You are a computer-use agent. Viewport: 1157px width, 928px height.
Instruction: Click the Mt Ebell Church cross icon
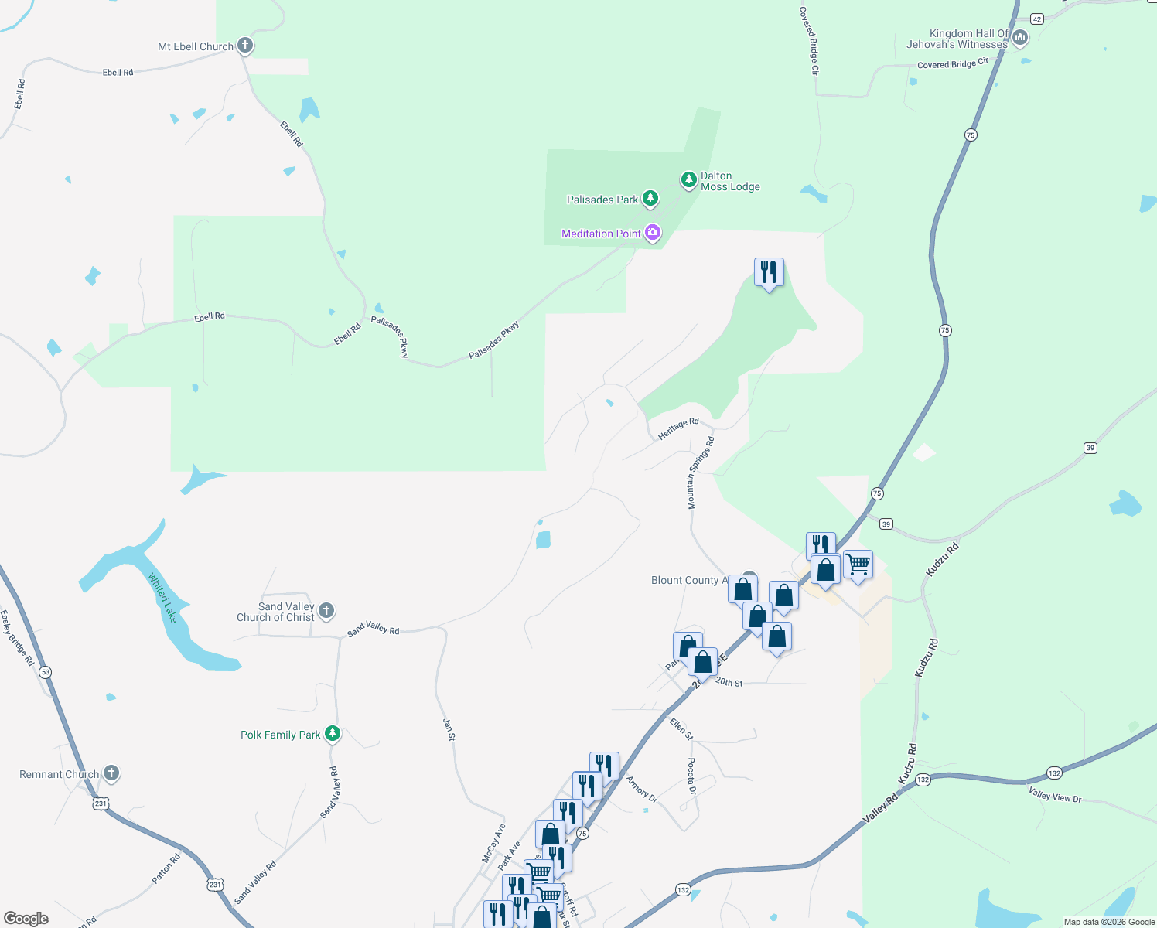coord(245,46)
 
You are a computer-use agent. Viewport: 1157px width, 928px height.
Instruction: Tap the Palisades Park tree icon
coord(650,199)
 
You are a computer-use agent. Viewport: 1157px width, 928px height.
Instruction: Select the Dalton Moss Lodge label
coord(729,182)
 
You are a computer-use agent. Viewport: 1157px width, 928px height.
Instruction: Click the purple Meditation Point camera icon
coord(653,233)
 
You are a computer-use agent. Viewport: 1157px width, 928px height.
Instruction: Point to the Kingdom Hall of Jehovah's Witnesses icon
coord(1020,37)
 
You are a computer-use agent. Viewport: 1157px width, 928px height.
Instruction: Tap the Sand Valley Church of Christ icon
coord(326,611)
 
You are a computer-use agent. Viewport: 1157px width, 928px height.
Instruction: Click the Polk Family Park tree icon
coord(333,733)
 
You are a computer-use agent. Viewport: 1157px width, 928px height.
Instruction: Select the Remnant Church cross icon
coord(111,773)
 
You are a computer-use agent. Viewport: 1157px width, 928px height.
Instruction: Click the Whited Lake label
coord(163,597)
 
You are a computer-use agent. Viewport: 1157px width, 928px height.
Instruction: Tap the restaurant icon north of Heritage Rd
coord(769,272)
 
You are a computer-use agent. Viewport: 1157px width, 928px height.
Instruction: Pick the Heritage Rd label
coord(678,429)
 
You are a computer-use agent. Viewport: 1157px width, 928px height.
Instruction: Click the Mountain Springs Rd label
coord(701,473)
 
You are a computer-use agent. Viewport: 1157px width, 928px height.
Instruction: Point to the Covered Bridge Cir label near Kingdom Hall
coord(953,64)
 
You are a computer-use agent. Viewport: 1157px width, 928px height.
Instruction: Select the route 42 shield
coord(1037,19)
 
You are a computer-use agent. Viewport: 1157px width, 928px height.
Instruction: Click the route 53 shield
coord(46,672)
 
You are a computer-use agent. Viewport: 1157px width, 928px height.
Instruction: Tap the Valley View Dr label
coord(1055,794)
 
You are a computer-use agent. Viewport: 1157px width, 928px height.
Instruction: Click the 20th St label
coord(729,683)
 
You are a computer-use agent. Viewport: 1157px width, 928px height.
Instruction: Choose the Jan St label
coord(449,729)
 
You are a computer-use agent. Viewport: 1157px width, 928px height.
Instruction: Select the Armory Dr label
coord(641,790)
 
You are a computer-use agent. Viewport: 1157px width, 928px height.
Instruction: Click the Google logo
coord(26,919)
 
